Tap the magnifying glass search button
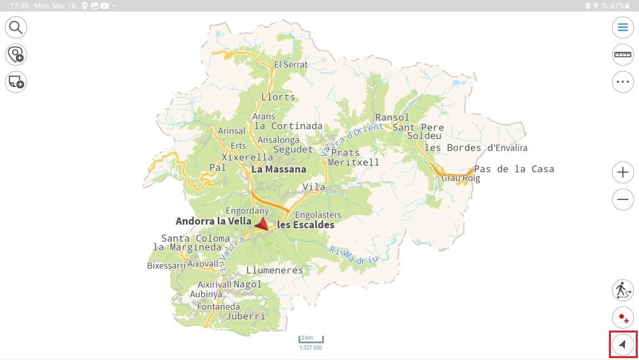pos(16,27)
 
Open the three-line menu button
pos(622,27)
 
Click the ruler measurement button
pos(622,54)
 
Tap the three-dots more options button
pos(622,82)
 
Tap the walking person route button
pos(622,290)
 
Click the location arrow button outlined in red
pos(622,345)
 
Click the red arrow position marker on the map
pos(261,224)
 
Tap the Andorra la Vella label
pos(213,221)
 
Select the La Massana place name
pos(279,169)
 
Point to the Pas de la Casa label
pos(514,169)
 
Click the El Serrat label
pos(291,65)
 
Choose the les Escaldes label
pos(305,225)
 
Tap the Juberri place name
pos(245,316)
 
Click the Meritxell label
pos(353,162)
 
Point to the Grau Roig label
pos(460,178)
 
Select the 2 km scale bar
pos(311,340)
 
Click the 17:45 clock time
pos(19,6)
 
